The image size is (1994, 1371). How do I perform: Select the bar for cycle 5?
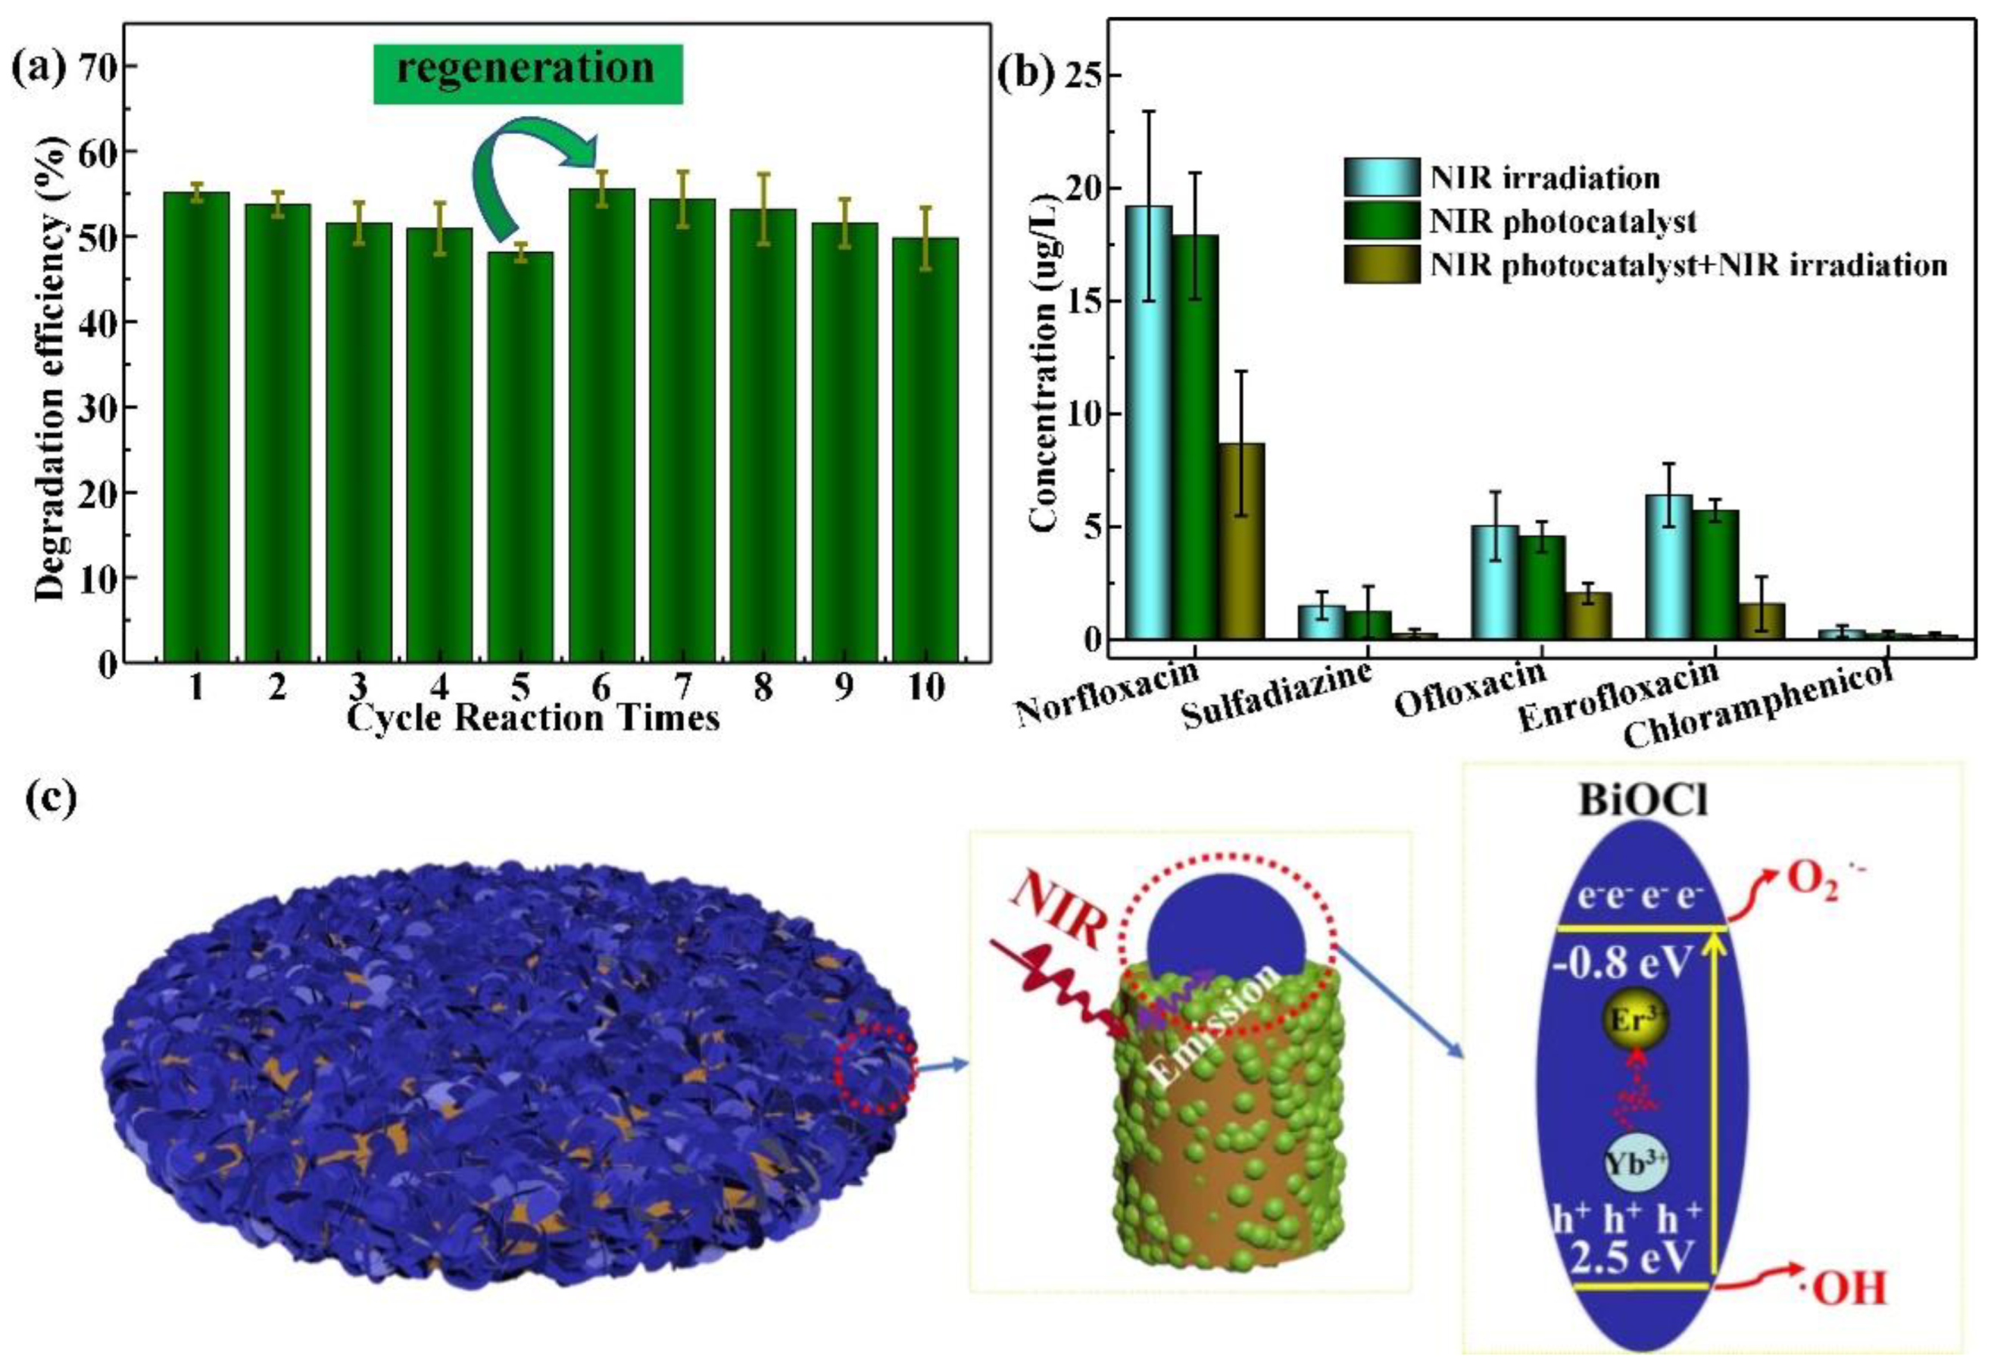click(520, 455)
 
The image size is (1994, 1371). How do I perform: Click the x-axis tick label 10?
click(925, 687)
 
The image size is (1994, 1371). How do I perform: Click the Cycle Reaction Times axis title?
click(532, 718)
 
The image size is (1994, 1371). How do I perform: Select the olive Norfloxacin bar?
click(1241, 541)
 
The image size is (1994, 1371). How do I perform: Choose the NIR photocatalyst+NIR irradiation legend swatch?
click(1381, 264)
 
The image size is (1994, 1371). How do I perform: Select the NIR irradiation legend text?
click(1545, 178)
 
